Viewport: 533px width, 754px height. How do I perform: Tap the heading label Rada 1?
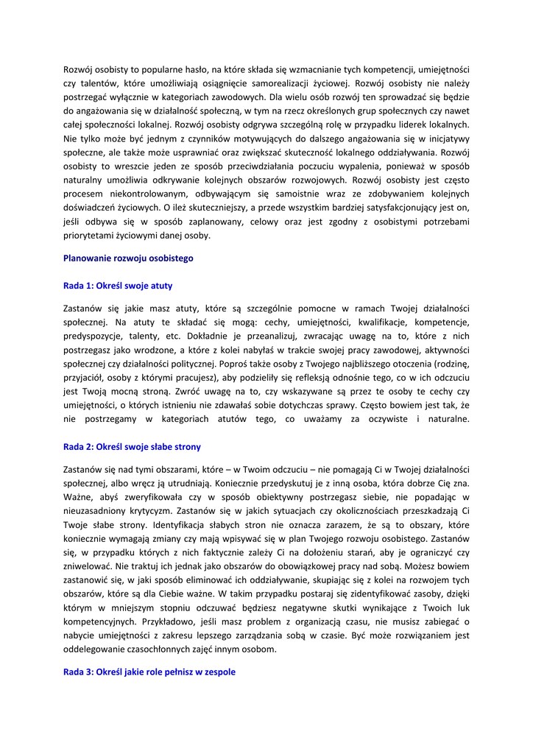(79, 286)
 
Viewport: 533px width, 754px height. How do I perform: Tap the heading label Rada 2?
(79, 447)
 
